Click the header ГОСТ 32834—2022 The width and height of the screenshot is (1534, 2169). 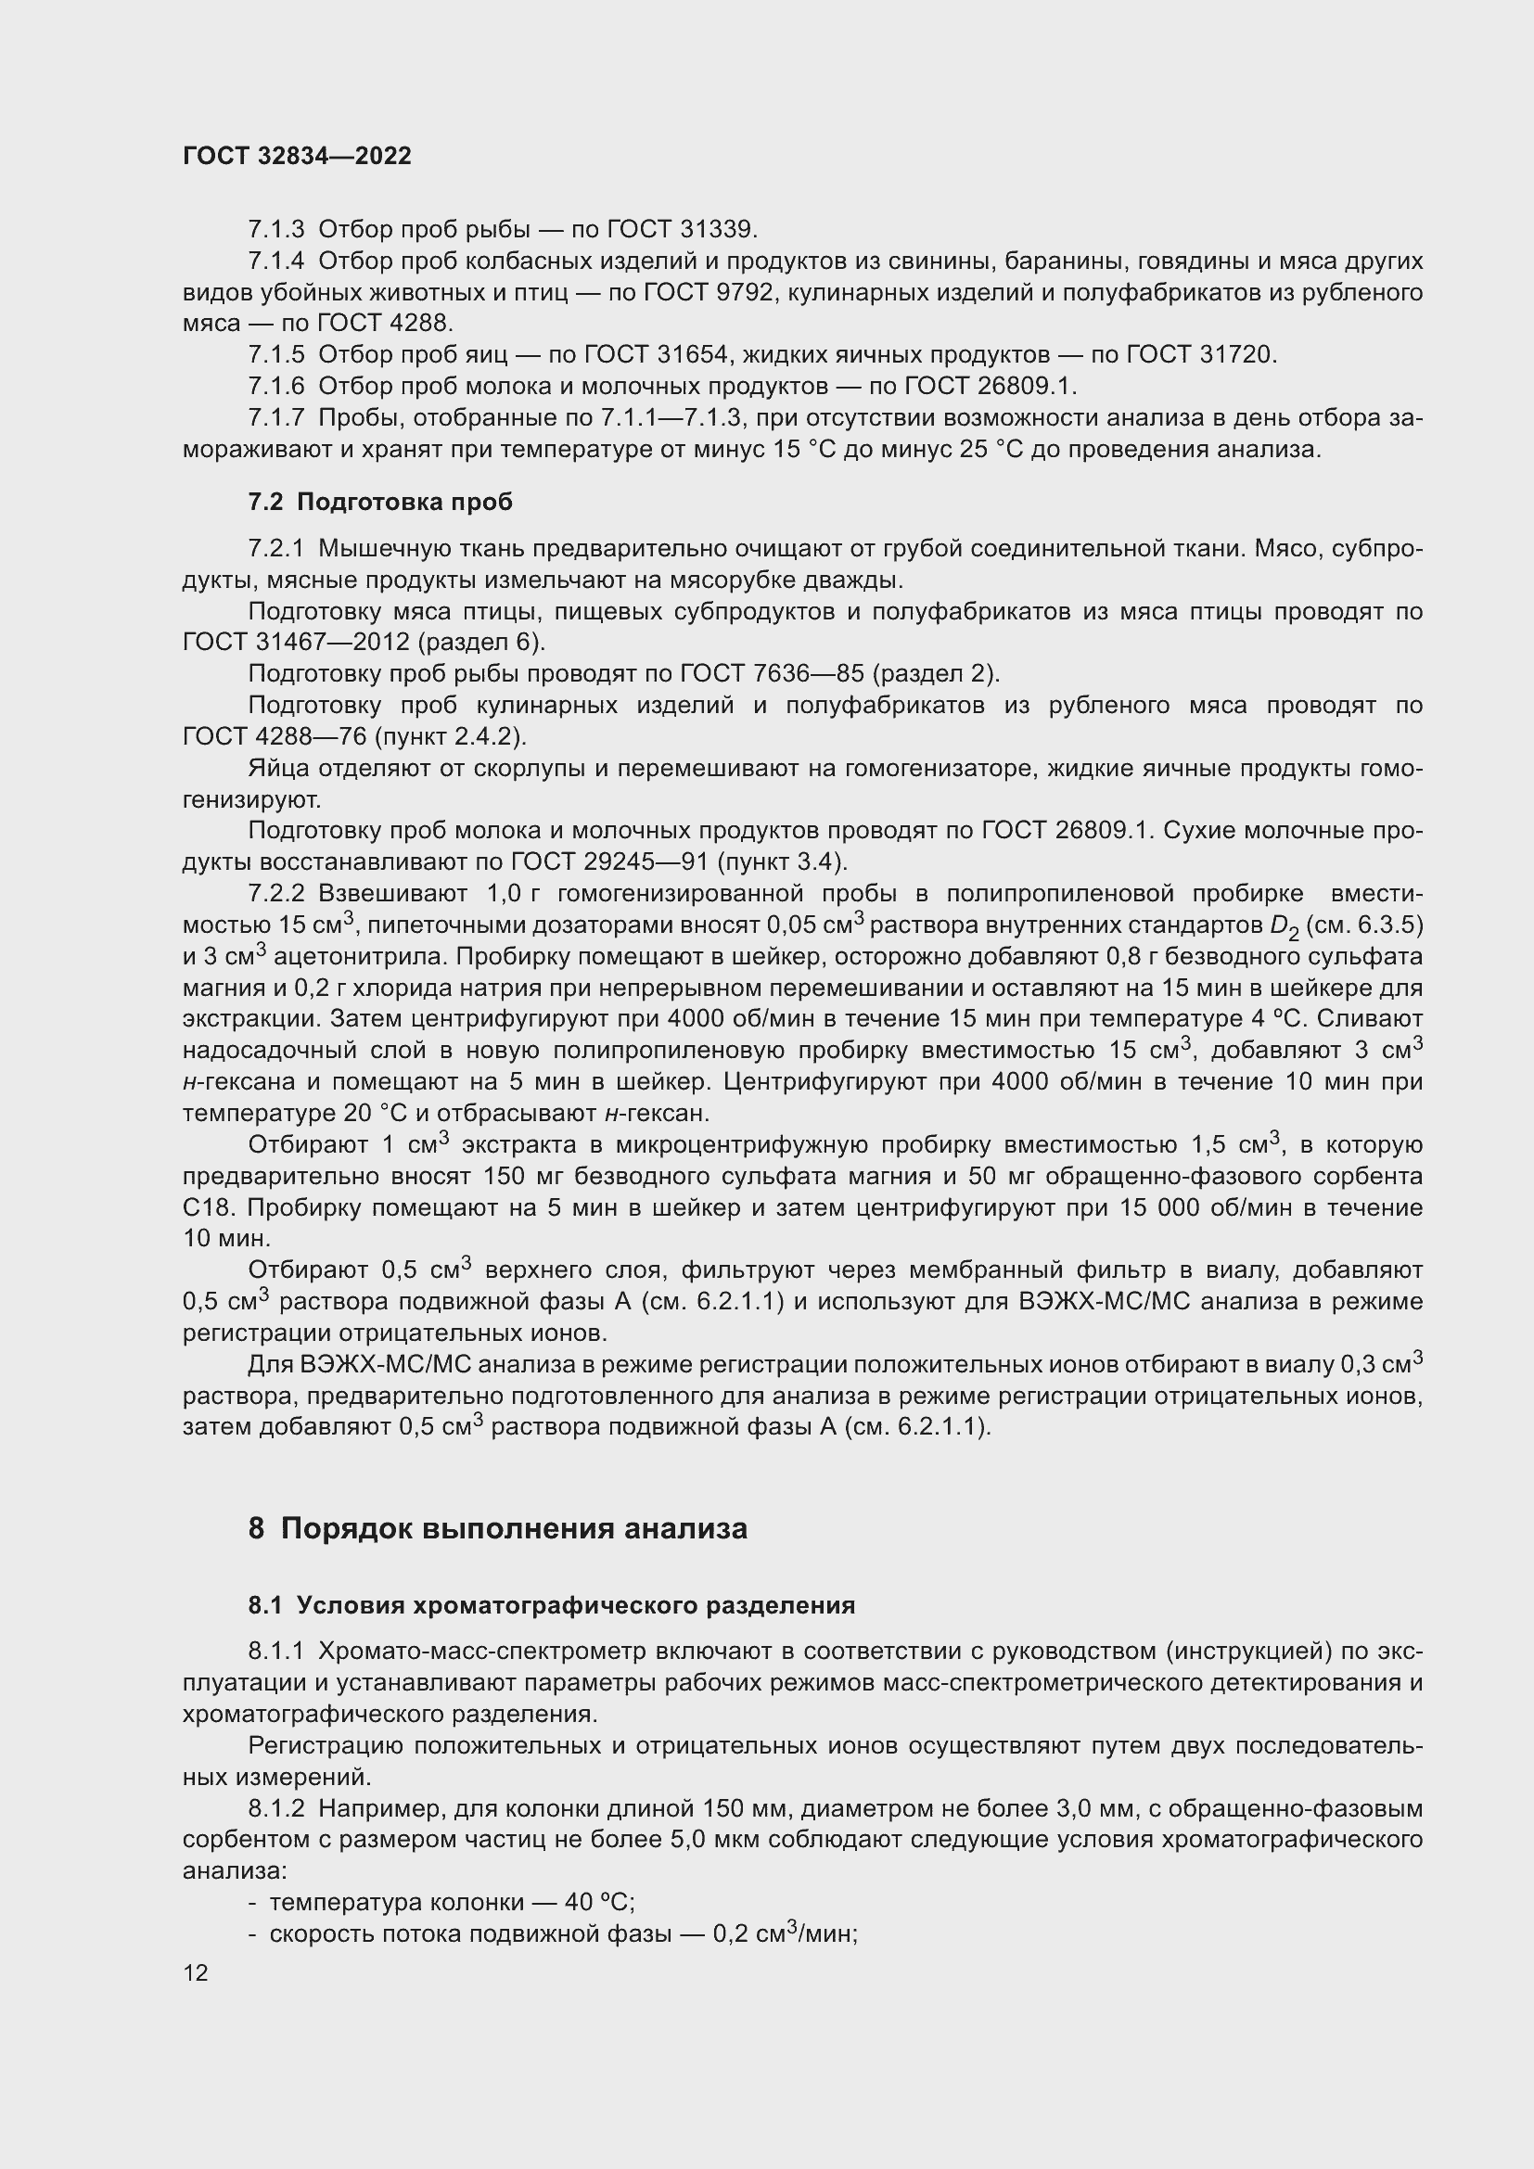point(297,156)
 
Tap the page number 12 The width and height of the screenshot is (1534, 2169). point(196,1972)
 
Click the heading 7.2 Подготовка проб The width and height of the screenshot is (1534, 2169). point(379,502)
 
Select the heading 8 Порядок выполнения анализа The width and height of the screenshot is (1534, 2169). point(498,1527)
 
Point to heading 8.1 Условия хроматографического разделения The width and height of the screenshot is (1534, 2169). point(552,1605)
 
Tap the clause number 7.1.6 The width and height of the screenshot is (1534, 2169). point(275,386)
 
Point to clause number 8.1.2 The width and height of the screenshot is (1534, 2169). point(275,1808)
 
